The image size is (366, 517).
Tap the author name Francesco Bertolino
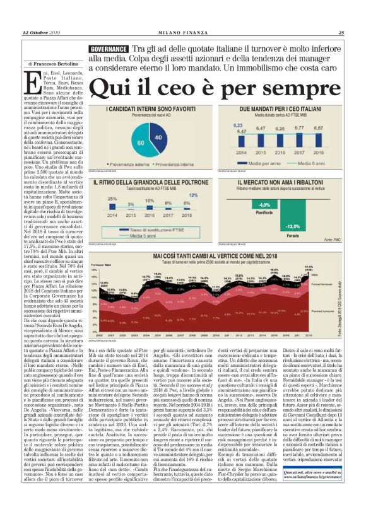(50, 64)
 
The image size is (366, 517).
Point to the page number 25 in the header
(341, 33)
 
